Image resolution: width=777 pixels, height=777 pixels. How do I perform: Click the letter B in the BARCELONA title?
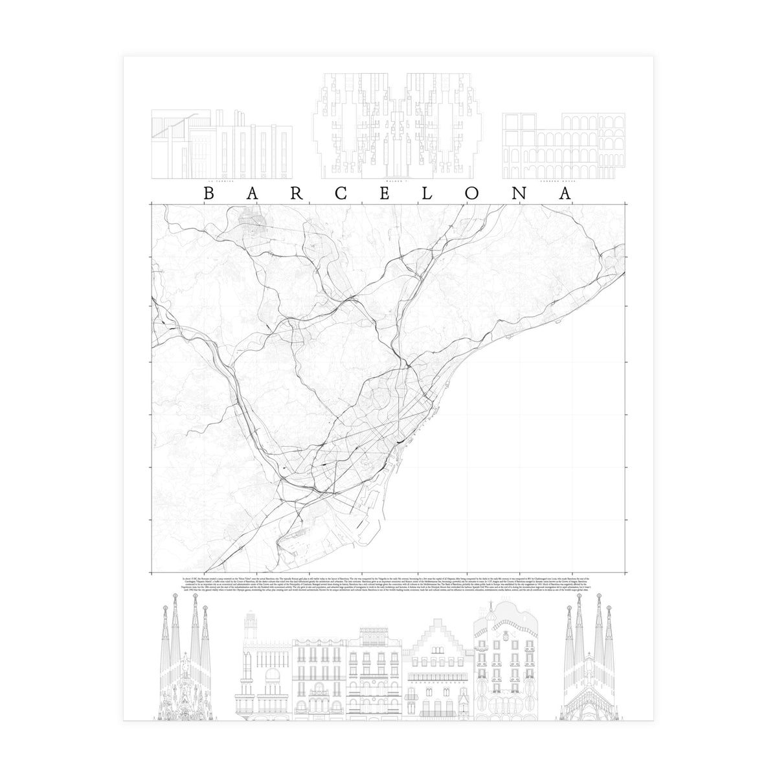tap(208, 193)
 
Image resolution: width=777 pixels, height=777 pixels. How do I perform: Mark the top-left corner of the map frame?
tap(151, 203)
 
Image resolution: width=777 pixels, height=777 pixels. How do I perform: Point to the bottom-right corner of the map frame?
tap(625, 573)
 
